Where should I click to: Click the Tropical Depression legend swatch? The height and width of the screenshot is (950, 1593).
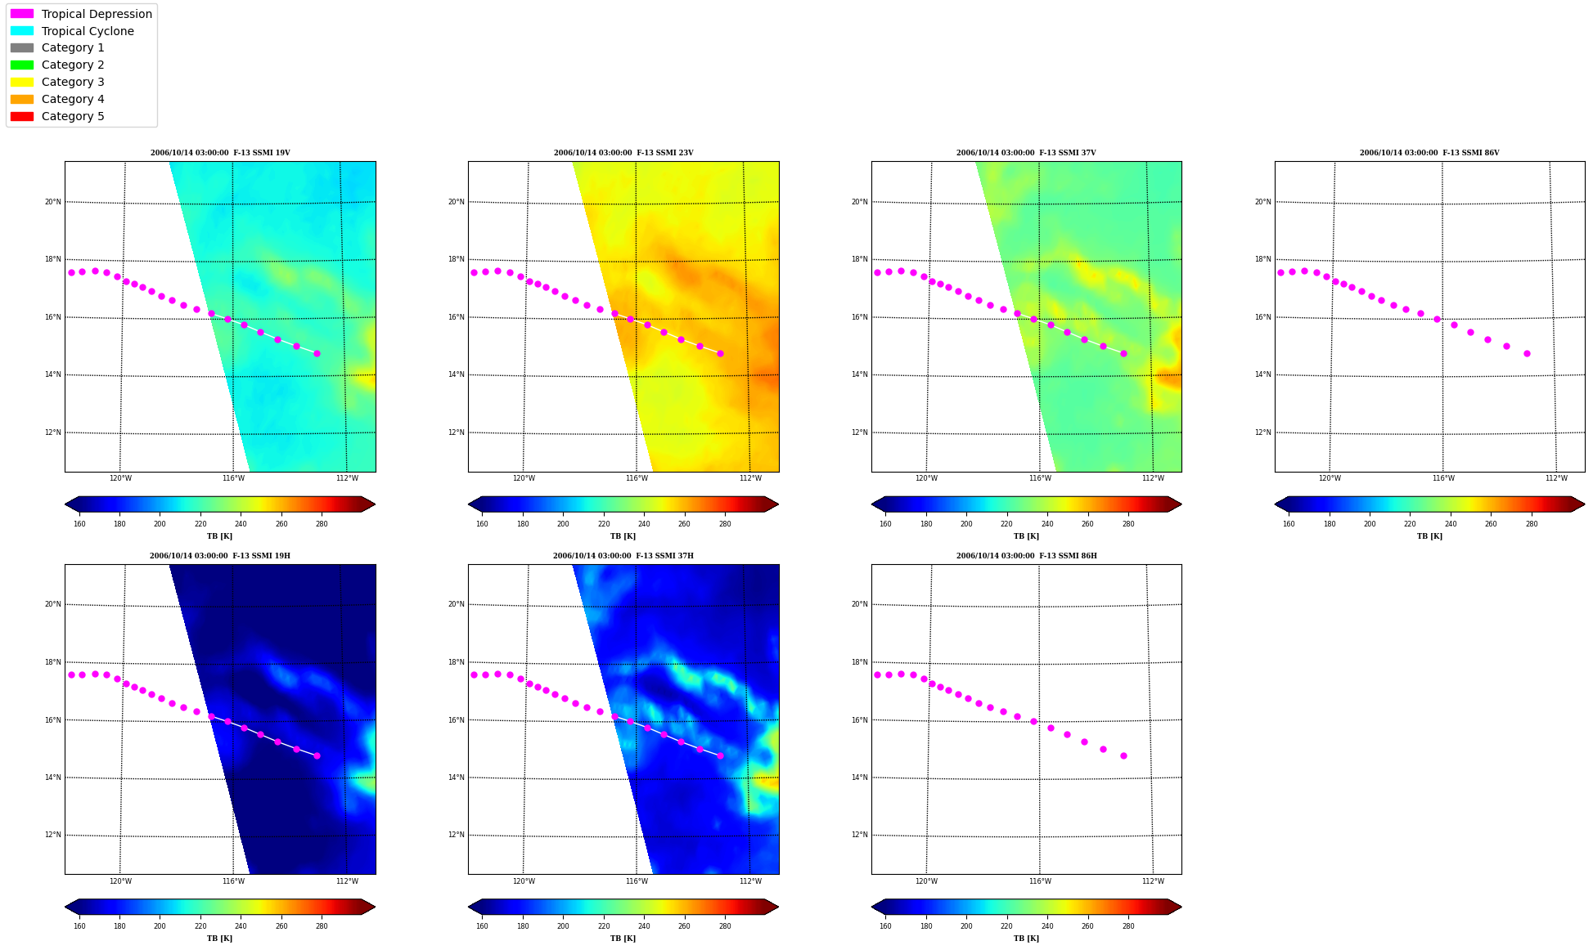22,14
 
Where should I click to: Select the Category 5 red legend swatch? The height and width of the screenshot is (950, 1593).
22,116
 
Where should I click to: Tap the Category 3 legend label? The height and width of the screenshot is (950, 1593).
73,82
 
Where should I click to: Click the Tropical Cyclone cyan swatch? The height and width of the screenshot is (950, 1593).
22,31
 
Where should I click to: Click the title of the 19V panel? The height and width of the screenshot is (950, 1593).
220,153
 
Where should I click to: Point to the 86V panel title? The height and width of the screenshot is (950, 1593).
1429,153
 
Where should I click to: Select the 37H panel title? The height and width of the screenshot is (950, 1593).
623,556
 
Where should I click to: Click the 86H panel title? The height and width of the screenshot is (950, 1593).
1027,556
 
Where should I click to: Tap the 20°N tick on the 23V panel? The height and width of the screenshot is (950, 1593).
456,202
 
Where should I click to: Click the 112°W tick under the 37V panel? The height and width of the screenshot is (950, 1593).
1153,478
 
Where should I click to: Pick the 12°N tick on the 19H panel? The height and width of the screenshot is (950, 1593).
52,836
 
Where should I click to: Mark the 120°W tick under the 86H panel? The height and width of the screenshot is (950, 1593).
926,881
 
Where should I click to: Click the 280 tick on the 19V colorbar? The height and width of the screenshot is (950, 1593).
322,524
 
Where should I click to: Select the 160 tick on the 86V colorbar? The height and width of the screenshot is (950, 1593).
1289,524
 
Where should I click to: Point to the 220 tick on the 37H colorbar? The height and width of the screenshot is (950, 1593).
603,926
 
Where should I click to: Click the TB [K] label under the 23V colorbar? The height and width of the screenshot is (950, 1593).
623,536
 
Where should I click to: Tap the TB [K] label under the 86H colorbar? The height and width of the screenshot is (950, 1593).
1026,939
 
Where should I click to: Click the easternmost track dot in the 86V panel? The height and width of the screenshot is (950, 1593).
1527,354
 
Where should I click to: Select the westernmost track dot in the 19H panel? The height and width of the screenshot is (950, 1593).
71,675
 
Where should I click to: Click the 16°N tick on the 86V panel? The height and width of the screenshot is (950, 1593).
1262,317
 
